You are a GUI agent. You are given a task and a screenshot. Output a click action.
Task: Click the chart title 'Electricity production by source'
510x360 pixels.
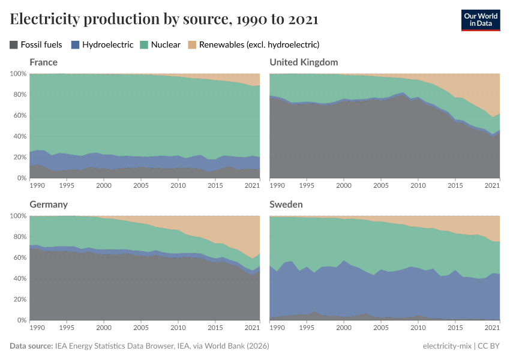click(x=164, y=19)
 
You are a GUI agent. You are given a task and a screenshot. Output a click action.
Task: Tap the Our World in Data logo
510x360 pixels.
click(x=480, y=19)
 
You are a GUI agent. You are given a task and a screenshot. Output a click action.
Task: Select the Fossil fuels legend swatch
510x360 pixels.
click(x=14, y=44)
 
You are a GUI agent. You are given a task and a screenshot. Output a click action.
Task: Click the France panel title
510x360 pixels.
click(x=44, y=62)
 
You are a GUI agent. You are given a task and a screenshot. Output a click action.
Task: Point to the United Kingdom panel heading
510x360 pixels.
click(x=304, y=62)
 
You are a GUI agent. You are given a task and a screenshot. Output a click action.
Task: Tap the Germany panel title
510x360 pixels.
click(x=49, y=205)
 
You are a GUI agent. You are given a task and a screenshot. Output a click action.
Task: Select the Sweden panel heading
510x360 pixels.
click(x=286, y=205)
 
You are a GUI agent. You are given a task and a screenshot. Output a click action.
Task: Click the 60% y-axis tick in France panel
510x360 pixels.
click(x=18, y=115)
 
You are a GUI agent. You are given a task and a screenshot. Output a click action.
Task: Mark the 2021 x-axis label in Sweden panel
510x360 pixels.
click(x=492, y=328)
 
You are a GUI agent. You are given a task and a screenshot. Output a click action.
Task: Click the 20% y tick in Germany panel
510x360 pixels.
click(x=18, y=299)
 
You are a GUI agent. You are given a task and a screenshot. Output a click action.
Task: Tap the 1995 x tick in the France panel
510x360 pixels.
click(x=67, y=185)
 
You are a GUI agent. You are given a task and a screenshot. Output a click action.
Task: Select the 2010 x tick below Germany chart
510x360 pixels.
click(x=178, y=328)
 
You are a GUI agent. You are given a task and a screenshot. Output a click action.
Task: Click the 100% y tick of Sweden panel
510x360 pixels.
click(x=257, y=216)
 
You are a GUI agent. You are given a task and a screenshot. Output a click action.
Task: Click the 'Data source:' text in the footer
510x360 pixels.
click(x=31, y=346)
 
